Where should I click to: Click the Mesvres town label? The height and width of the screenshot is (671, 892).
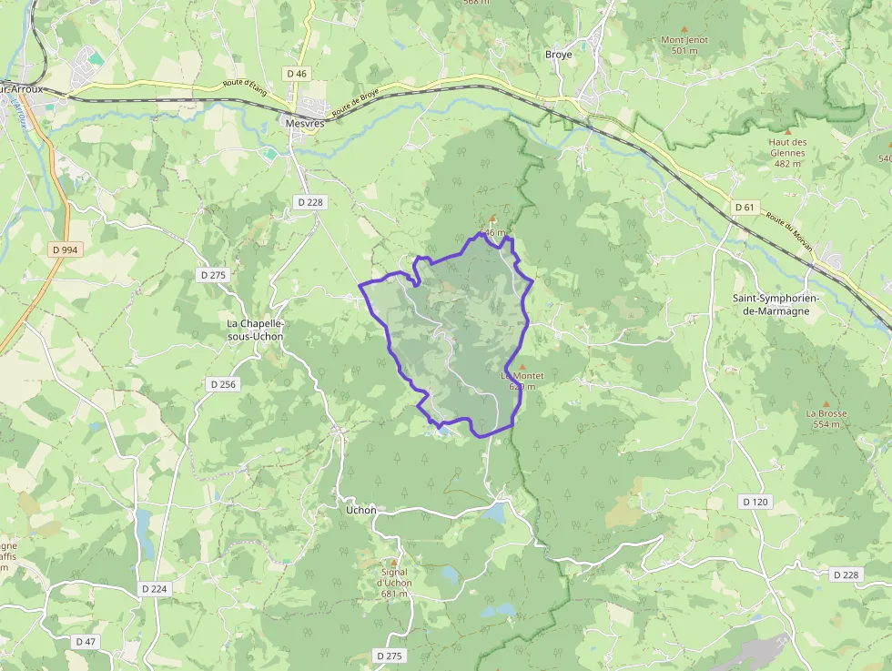click(304, 123)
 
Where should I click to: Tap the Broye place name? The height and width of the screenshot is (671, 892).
click(559, 55)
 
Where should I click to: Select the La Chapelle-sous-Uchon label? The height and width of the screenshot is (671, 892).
click(255, 330)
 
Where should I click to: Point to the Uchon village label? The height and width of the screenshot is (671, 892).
click(361, 510)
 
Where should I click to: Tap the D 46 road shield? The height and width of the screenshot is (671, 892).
click(297, 73)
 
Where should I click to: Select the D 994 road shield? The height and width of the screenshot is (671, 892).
click(64, 249)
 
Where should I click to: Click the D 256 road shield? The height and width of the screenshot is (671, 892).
click(222, 384)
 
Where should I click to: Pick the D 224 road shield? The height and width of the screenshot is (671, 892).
click(155, 589)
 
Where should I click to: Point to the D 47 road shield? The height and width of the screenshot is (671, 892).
click(86, 642)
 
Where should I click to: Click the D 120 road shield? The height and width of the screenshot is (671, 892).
click(755, 502)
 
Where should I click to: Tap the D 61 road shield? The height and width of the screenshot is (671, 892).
click(745, 208)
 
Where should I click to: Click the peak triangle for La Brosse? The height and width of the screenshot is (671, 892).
click(826, 403)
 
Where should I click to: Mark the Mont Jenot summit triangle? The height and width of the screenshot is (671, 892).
click(684, 29)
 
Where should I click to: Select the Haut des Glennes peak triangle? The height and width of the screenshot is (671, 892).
click(788, 131)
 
